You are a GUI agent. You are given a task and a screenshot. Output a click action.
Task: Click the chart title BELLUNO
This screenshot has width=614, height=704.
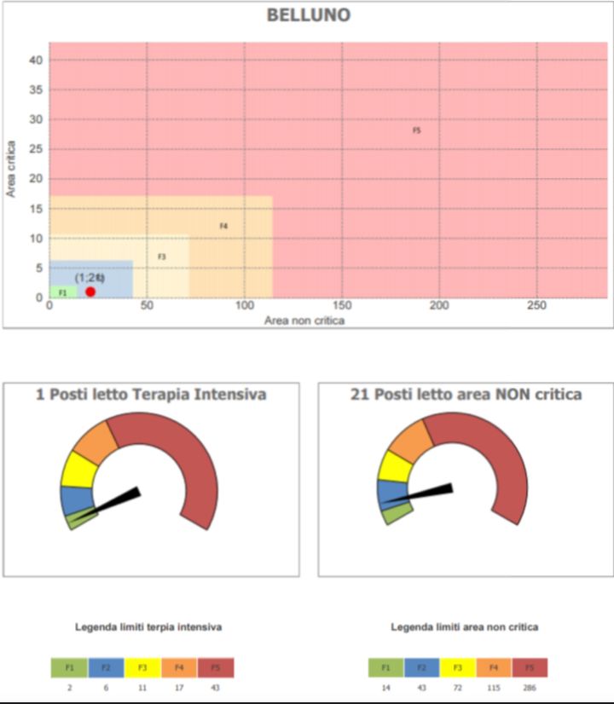(308, 15)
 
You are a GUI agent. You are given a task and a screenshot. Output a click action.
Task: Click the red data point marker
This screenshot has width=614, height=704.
(90, 291)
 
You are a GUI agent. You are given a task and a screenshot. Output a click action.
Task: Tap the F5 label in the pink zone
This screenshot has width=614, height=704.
(417, 130)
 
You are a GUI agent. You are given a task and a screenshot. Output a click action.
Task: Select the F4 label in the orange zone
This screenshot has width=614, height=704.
(223, 226)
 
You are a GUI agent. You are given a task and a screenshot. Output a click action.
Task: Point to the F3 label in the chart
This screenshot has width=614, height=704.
(161, 257)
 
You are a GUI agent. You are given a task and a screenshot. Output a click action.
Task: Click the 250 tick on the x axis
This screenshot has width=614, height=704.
(536, 306)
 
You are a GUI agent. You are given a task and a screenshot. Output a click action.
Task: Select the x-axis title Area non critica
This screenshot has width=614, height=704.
(304, 321)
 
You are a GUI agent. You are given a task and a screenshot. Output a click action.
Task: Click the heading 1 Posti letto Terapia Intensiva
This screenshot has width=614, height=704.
(151, 395)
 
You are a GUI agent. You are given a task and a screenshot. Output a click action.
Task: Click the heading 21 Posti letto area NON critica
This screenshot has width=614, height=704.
(466, 395)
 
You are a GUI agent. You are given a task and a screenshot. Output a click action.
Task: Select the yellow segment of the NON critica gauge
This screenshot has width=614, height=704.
(395, 466)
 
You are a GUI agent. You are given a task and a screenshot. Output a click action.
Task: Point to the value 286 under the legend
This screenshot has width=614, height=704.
(530, 687)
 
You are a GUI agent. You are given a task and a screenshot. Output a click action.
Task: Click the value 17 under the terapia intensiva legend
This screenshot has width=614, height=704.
(178, 687)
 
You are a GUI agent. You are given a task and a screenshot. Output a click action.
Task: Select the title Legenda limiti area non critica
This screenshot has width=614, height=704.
(465, 627)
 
